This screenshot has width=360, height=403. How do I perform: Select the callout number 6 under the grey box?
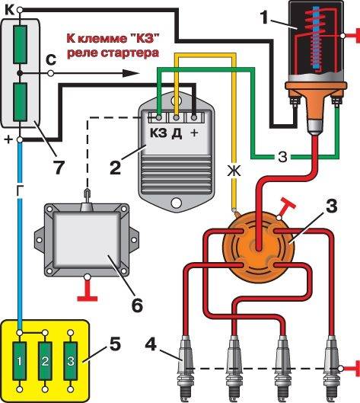click(x=137, y=305)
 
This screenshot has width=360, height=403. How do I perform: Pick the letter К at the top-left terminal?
click(x=10, y=10)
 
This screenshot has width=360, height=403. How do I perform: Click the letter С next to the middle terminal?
click(x=51, y=60)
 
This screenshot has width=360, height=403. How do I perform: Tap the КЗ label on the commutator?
click(x=158, y=133)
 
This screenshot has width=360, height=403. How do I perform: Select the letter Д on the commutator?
click(x=177, y=133)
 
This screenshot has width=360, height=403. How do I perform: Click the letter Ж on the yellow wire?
click(x=234, y=171)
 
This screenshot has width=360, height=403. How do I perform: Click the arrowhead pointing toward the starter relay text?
click(x=131, y=73)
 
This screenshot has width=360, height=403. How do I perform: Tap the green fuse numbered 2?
click(x=45, y=361)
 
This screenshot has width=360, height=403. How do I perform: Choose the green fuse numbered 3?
click(x=70, y=361)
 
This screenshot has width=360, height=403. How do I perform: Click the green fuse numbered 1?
click(x=20, y=361)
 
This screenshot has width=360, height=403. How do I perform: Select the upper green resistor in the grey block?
click(x=20, y=44)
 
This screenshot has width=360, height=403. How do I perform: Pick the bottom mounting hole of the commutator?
click(x=176, y=203)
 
